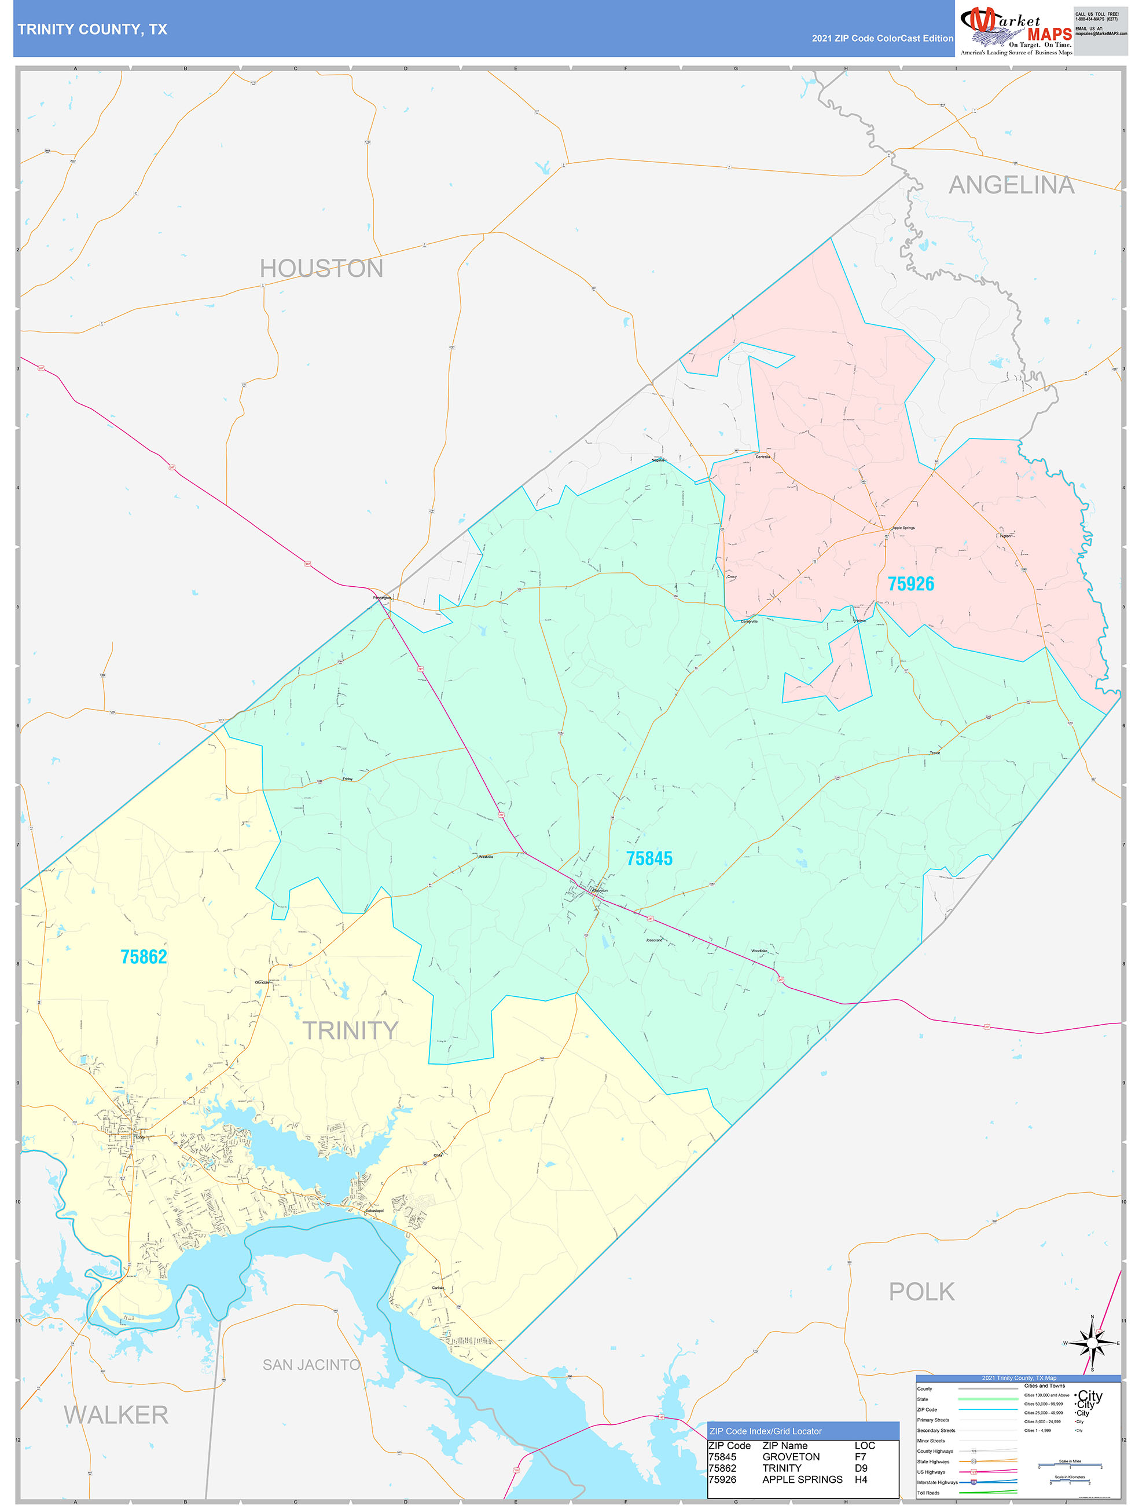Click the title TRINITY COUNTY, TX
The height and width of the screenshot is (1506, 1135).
(93, 30)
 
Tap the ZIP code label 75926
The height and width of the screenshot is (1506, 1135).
(910, 583)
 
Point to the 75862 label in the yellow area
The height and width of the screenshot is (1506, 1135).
(144, 956)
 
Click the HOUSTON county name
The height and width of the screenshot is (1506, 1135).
(321, 269)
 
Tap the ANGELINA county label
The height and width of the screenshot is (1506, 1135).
(1011, 185)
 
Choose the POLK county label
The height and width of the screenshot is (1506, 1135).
(921, 1292)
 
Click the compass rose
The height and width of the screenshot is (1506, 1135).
(1092, 1343)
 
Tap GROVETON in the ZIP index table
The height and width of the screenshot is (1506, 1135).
(791, 1457)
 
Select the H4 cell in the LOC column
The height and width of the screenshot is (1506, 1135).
(861, 1479)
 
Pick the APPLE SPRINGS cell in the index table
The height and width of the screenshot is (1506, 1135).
(802, 1479)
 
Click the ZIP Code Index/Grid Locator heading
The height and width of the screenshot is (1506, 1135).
(766, 1431)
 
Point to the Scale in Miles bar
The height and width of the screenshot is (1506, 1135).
(1070, 1464)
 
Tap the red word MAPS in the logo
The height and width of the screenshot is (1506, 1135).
(1049, 35)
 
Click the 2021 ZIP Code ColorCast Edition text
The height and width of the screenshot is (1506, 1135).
(882, 38)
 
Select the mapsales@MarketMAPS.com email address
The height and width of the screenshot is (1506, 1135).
(1100, 34)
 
